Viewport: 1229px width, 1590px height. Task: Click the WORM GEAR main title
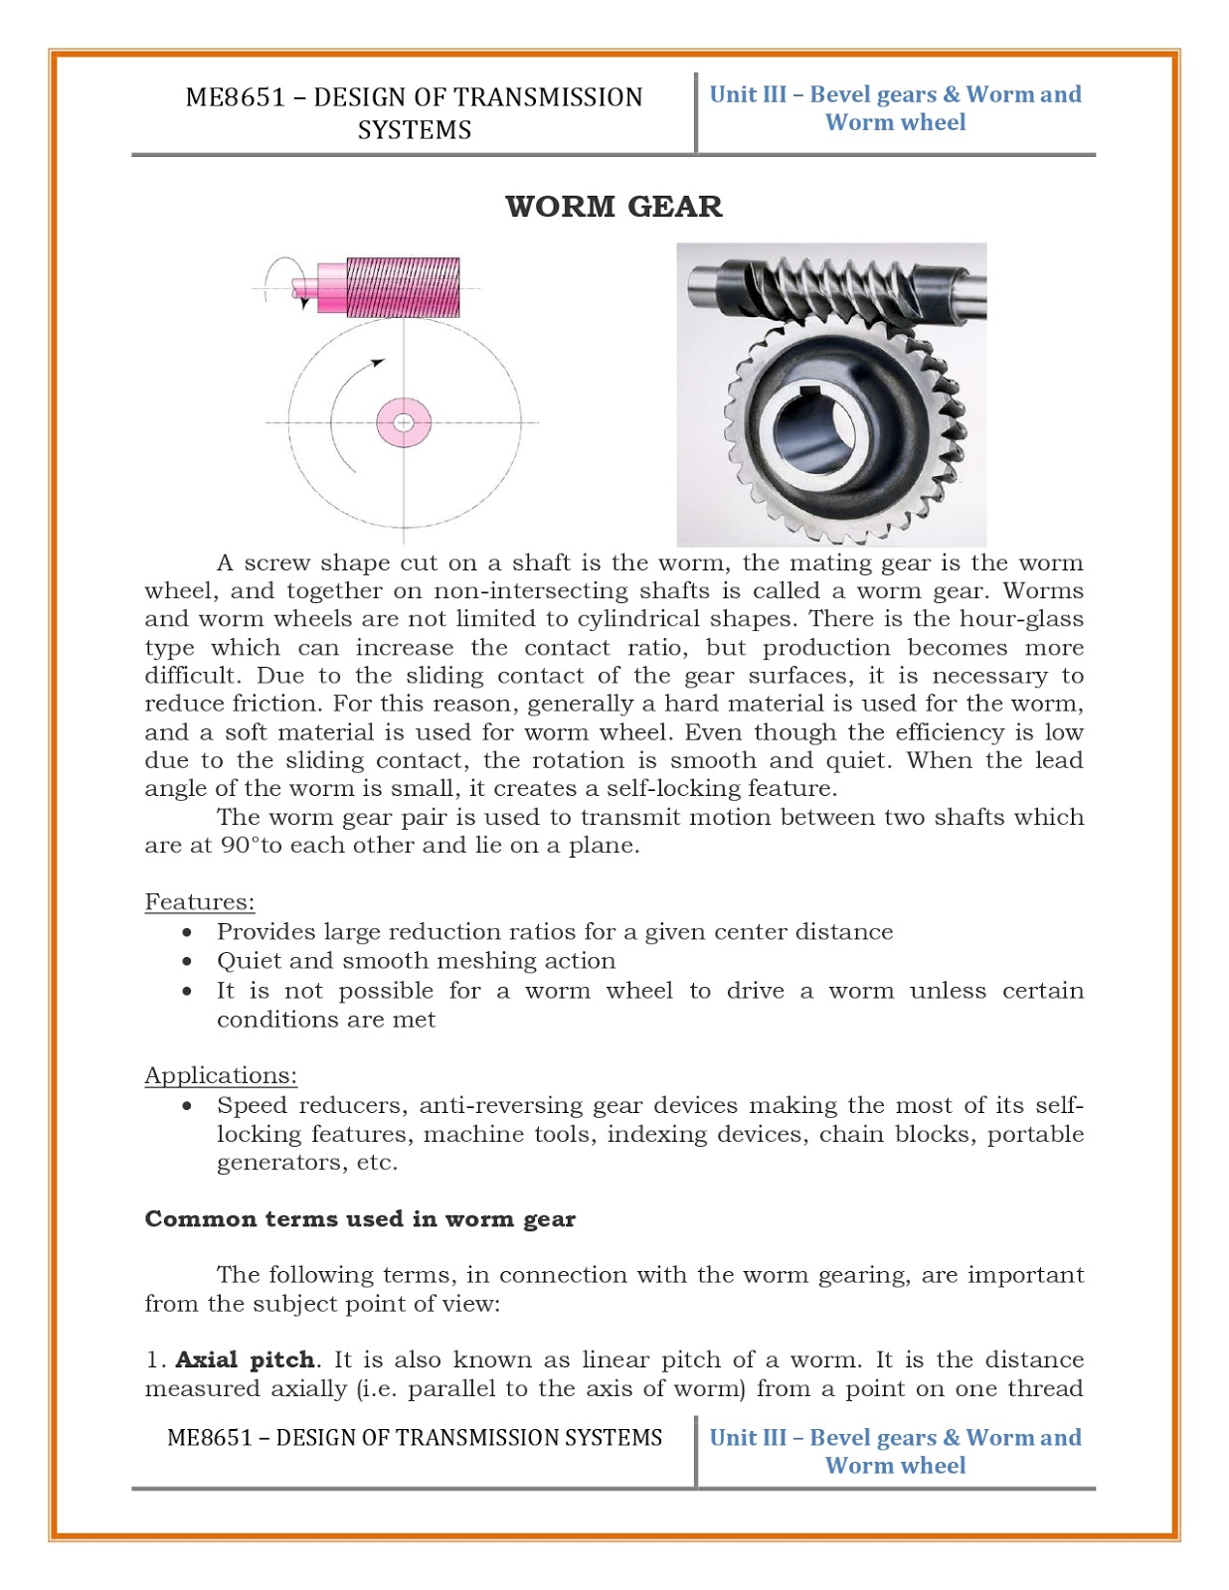click(614, 207)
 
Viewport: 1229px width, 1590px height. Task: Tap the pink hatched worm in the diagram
click(402, 286)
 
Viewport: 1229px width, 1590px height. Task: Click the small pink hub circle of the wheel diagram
click(403, 423)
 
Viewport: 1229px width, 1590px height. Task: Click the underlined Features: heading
click(200, 902)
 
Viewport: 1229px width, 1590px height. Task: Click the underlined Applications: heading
click(221, 1075)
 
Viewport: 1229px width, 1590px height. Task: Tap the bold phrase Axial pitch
click(245, 1359)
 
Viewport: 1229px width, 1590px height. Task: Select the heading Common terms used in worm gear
click(360, 1219)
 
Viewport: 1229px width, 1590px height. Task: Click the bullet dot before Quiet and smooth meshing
click(187, 962)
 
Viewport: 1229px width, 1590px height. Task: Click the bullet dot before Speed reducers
click(187, 1106)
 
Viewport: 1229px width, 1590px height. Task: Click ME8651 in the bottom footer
click(210, 1438)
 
